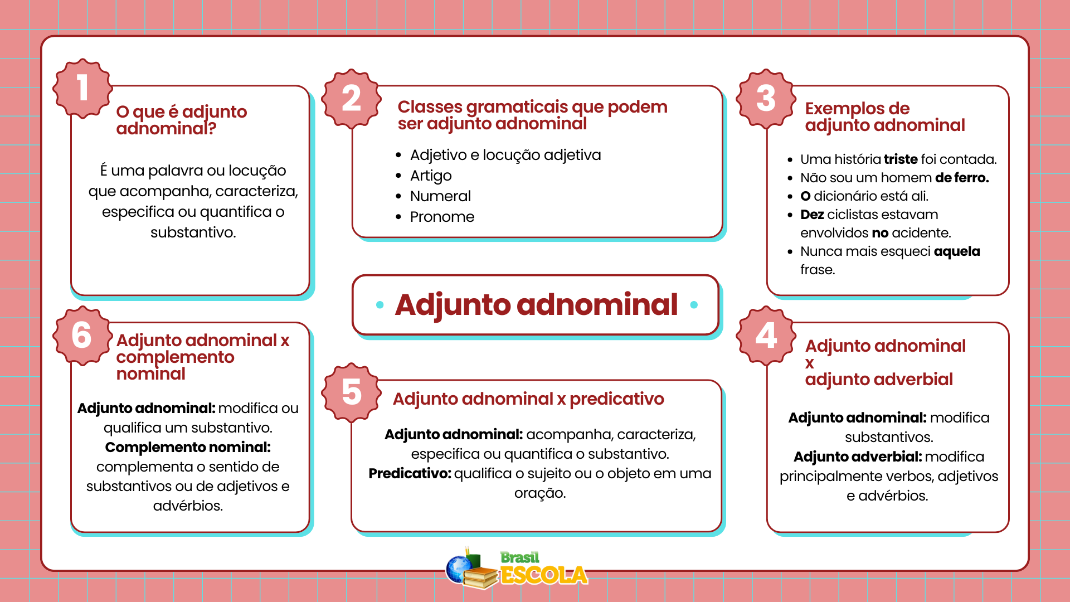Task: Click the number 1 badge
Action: click(82, 89)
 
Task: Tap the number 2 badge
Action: click(351, 99)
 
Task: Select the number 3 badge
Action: click(766, 99)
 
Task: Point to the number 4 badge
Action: click(766, 336)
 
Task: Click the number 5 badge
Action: click(351, 392)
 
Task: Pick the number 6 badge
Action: click(81, 336)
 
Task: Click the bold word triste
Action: click(900, 159)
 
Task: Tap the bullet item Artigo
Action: click(431, 176)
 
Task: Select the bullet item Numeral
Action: click(440, 196)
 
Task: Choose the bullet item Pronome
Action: click(442, 217)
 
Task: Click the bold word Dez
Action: click(812, 215)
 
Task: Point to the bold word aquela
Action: click(956, 251)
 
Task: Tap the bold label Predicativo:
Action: click(410, 474)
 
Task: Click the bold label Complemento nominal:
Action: click(188, 448)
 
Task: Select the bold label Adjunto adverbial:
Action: click(857, 457)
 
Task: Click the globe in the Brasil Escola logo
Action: click(459, 569)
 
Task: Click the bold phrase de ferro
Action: click(961, 178)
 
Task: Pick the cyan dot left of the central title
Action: click(380, 304)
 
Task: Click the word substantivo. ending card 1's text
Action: click(193, 232)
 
